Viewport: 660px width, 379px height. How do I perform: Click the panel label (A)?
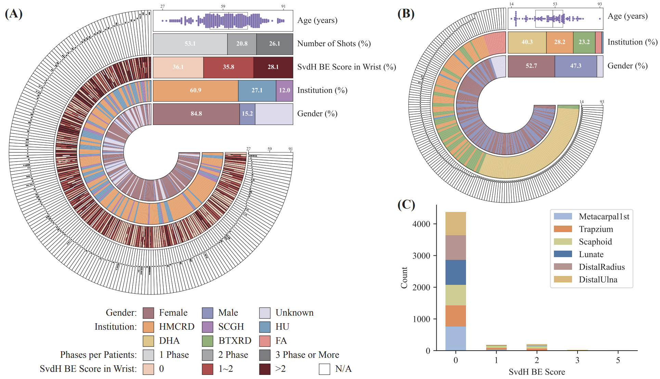click(14, 14)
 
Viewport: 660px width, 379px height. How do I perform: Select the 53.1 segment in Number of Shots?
click(190, 44)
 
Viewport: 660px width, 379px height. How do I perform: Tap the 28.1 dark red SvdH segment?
click(273, 67)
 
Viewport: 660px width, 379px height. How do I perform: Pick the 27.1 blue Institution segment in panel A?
click(257, 90)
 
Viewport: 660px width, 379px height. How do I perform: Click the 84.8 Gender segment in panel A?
click(196, 114)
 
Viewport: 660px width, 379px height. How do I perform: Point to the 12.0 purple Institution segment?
click(284, 90)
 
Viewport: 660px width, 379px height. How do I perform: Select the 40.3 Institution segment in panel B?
click(527, 42)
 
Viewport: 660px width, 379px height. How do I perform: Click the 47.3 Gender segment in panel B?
click(575, 66)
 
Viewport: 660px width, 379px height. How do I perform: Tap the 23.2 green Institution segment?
click(584, 42)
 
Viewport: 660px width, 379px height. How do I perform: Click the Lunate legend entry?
click(591, 254)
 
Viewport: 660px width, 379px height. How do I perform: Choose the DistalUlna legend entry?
click(598, 280)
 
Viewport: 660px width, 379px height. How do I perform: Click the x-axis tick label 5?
click(618, 360)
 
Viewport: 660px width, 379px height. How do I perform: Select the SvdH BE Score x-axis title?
click(536, 372)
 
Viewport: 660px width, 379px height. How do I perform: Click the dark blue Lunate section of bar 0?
click(455, 272)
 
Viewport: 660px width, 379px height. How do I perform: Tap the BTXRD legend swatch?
click(208, 341)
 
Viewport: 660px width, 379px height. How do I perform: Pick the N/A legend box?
click(324, 369)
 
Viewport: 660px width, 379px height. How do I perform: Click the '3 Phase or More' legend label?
click(307, 355)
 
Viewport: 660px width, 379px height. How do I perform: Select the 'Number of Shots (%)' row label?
click(334, 44)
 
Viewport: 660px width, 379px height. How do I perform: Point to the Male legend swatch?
click(208, 313)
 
